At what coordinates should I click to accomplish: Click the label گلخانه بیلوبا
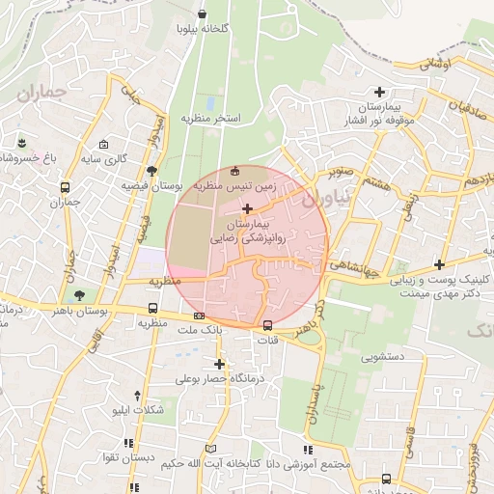pyautogui.click(x=202, y=29)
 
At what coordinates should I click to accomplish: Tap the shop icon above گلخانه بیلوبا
pyautogui.click(x=202, y=14)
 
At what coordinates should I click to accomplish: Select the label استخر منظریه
pyautogui.click(x=210, y=118)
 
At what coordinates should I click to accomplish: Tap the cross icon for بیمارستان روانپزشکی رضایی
pyautogui.click(x=248, y=208)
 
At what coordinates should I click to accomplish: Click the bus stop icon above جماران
pyautogui.click(x=65, y=188)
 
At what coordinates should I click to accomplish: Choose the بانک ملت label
pyautogui.click(x=200, y=329)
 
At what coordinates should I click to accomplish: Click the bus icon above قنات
pyautogui.click(x=268, y=324)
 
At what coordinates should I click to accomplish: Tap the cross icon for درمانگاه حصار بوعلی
pyautogui.click(x=220, y=364)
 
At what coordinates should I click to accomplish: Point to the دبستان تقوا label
pyautogui.click(x=124, y=457)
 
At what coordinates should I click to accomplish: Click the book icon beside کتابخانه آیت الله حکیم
pyautogui.click(x=211, y=449)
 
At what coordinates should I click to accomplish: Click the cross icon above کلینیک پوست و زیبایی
pyautogui.click(x=440, y=264)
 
